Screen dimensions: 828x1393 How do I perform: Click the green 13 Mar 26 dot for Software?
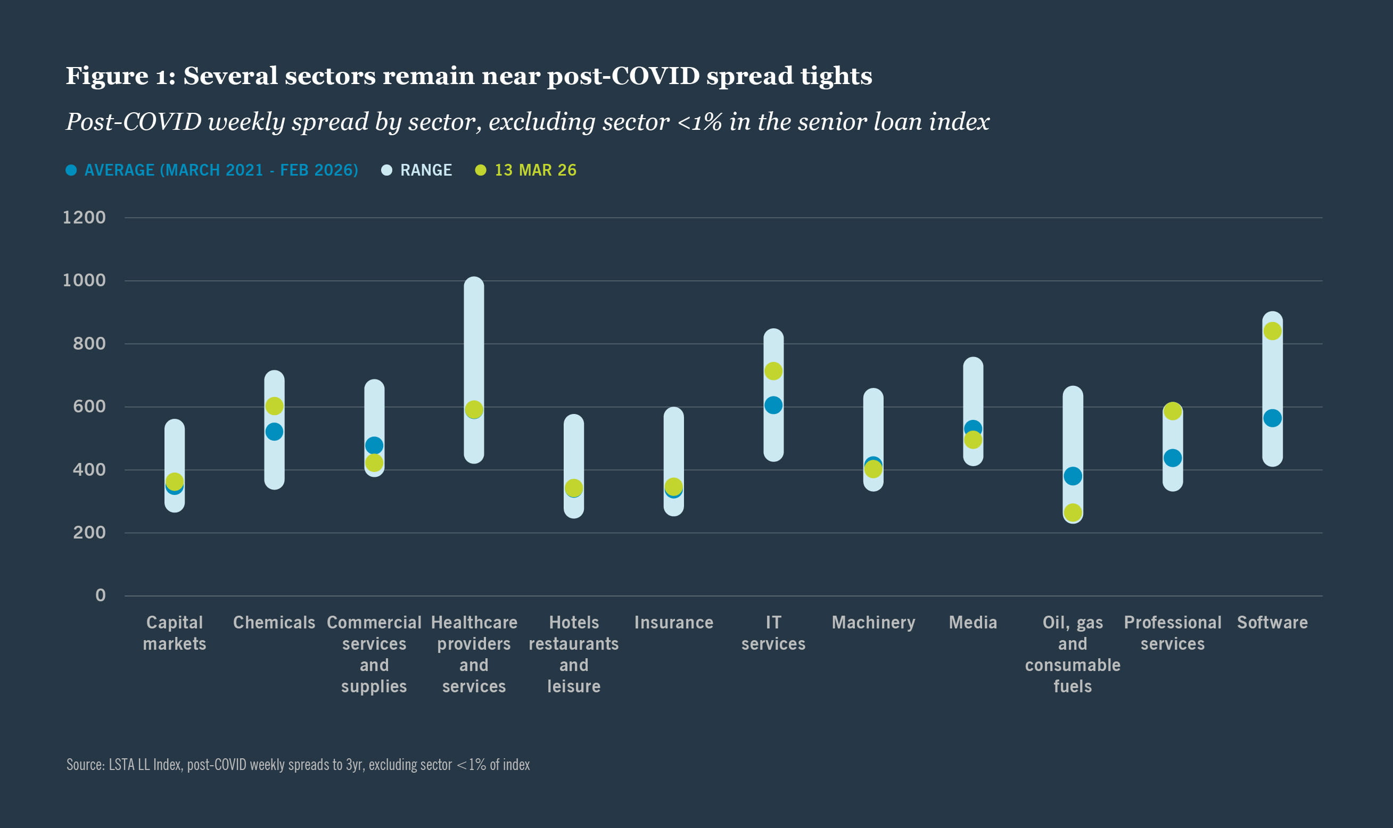click(x=1273, y=332)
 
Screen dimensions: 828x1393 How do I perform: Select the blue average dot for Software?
click(x=1273, y=418)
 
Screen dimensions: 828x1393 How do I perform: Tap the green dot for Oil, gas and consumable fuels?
click(x=1073, y=512)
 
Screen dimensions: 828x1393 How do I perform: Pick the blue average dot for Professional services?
click(x=1173, y=458)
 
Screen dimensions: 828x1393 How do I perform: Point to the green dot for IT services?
click(x=773, y=371)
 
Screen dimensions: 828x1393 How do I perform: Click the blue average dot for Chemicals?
click(x=274, y=432)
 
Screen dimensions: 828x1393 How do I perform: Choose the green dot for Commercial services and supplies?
click(x=374, y=462)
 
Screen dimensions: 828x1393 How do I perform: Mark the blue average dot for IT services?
click(x=773, y=405)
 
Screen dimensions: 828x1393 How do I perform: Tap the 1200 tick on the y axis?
click(x=84, y=218)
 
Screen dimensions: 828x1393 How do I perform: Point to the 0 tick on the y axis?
click(x=101, y=595)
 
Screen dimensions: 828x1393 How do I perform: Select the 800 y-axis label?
click(x=89, y=344)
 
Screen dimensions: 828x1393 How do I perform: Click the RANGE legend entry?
click(x=425, y=170)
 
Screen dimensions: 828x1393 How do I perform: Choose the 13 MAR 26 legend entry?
click(x=534, y=170)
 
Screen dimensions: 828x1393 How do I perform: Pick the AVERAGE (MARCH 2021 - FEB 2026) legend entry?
click(x=220, y=170)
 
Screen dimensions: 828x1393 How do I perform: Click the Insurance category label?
click(x=674, y=623)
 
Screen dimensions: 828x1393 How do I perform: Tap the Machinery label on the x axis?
click(x=873, y=623)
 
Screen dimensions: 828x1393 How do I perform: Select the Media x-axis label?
click(x=972, y=623)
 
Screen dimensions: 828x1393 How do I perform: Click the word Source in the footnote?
click(x=85, y=764)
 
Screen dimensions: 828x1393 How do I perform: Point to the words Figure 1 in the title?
click(x=120, y=76)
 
